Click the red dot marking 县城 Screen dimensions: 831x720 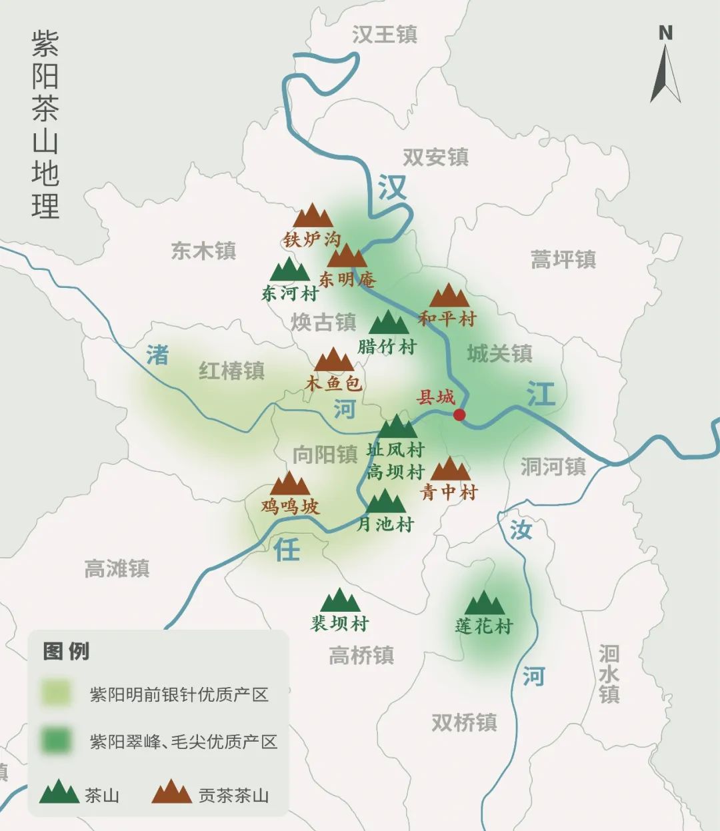[x=459, y=415]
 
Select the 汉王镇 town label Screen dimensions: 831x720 [x=384, y=35]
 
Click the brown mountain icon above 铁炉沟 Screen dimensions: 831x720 [x=313, y=216]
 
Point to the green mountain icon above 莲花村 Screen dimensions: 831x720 [x=485, y=603]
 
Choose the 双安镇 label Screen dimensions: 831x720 [x=435, y=157]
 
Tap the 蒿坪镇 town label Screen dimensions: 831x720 [x=563, y=259]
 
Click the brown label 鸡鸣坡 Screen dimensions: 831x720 [x=290, y=506]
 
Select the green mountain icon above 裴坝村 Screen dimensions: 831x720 [x=340, y=600]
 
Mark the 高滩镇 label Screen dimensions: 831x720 [x=117, y=568]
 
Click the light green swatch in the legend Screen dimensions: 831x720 [x=56, y=693]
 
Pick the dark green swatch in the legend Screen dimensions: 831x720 [x=56, y=740]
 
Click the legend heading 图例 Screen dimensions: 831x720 [x=66, y=651]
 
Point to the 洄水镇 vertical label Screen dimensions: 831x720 [x=609, y=674]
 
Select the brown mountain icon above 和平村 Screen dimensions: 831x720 [x=449, y=295]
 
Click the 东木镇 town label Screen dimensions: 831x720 [x=203, y=251]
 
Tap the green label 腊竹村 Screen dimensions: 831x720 [x=387, y=347]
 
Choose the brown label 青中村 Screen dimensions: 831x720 [x=449, y=492]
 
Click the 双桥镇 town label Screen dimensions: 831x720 [x=464, y=722]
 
